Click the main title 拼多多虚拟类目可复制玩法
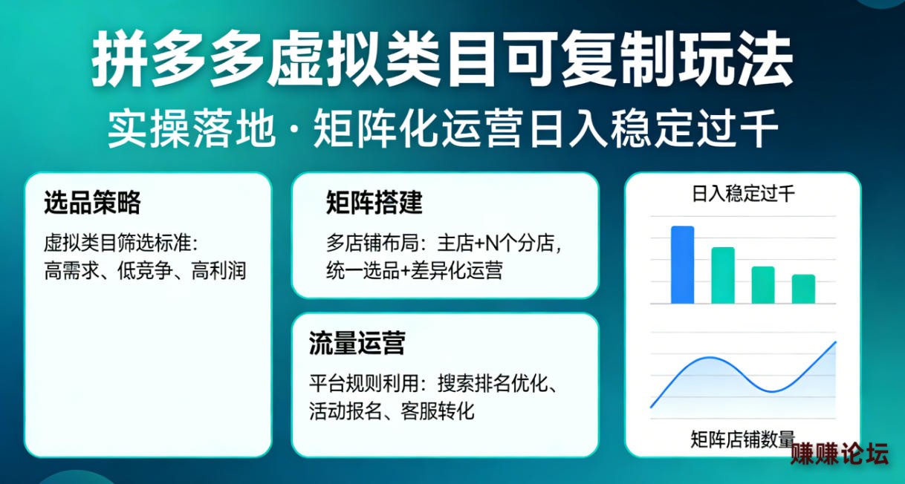click(442, 59)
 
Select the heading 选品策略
click(93, 202)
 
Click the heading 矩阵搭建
click(374, 202)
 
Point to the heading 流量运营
click(357, 343)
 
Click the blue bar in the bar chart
click(682, 265)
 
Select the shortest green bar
click(803, 289)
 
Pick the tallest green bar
click(723, 275)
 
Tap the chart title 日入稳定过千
click(743, 194)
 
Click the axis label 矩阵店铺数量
click(742, 439)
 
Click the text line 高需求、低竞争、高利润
click(145, 270)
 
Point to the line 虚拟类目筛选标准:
click(121, 243)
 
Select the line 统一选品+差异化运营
click(414, 270)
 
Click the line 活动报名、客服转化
click(392, 411)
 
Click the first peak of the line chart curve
click(709, 358)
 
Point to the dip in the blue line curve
click(772, 391)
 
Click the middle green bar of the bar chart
click(763, 285)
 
